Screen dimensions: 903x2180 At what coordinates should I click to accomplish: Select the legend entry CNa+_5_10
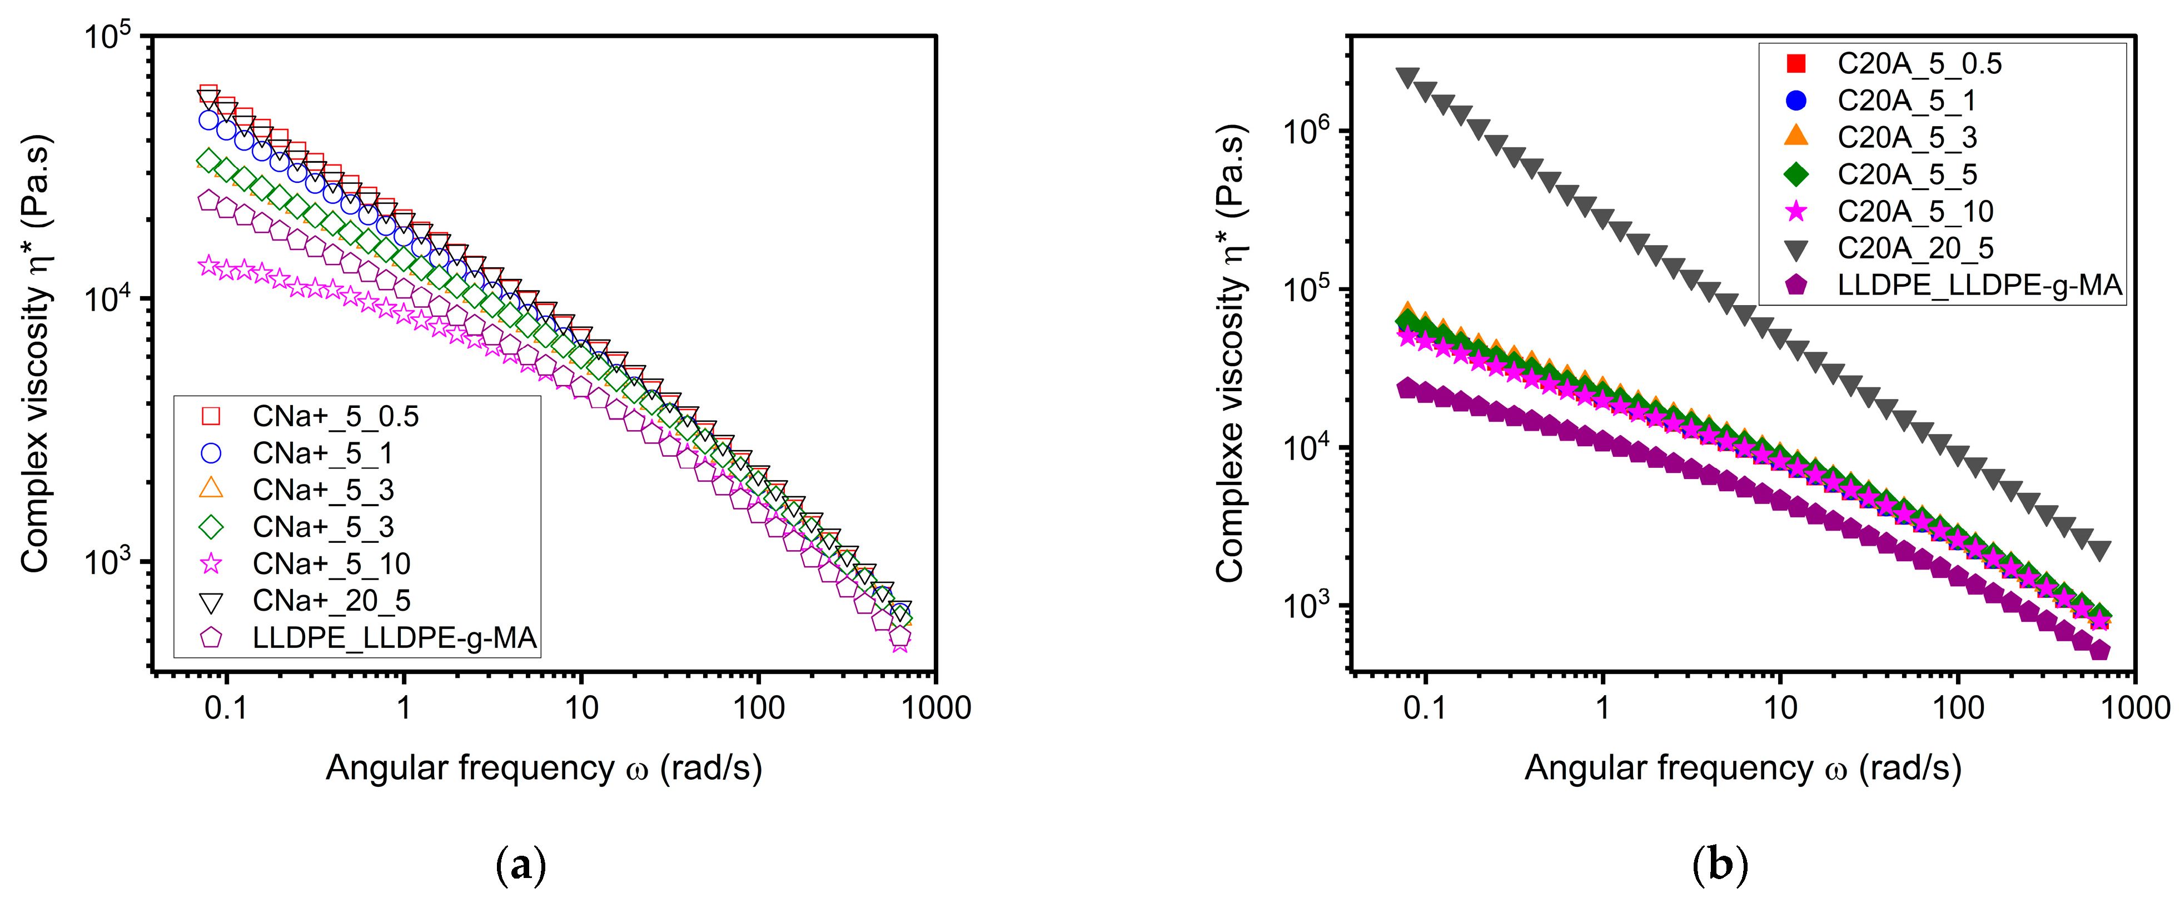click(331, 563)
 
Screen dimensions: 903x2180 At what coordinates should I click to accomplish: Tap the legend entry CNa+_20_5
click(331, 601)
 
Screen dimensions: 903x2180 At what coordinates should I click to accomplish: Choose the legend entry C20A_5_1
click(1906, 101)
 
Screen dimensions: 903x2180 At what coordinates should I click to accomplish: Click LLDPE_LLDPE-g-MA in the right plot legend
click(1979, 285)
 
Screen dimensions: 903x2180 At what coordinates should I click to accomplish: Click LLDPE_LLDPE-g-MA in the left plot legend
click(394, 638)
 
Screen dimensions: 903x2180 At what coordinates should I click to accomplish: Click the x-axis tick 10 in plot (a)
click(581, 707)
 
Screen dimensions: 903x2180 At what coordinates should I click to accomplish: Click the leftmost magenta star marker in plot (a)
click(208, 266)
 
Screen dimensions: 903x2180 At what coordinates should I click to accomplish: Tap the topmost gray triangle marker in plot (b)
click(1407, 78)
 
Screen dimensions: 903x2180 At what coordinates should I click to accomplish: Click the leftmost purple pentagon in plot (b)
click(1407, 388)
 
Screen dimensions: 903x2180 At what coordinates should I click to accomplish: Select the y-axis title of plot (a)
click(36, 354)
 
